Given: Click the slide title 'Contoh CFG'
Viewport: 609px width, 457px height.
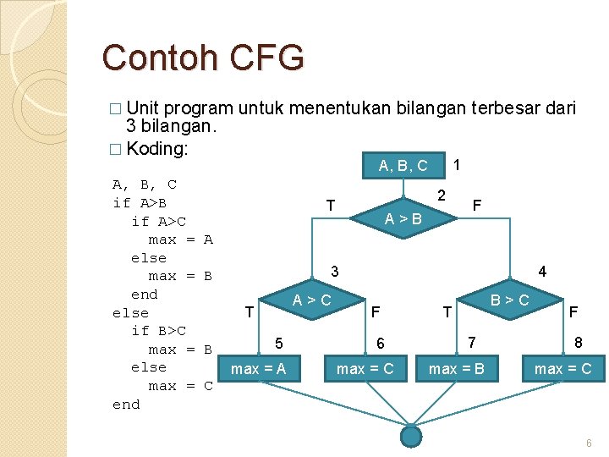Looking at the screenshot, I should (203, 58).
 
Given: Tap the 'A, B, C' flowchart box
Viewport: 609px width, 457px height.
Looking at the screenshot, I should (403, 165).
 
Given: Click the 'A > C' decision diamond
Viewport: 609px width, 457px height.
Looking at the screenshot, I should (312, 300).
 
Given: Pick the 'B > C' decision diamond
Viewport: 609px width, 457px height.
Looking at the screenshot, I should (510, 300).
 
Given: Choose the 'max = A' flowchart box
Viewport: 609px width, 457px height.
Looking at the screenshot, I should (258, 368).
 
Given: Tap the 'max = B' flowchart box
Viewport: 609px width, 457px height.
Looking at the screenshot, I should (457, 368).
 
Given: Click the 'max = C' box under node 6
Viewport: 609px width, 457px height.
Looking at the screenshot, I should (365, 368).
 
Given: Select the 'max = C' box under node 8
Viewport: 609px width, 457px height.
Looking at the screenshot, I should (562, 368).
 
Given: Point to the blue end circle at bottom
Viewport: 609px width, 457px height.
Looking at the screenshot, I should (410, 436).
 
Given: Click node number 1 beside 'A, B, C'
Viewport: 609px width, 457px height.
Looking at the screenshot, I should (458, 163).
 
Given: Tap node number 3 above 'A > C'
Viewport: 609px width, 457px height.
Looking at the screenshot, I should (335, 272).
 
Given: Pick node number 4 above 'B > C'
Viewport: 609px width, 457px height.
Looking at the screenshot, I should (542, 272).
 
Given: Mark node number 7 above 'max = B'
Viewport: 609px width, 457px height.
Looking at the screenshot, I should (473, 341).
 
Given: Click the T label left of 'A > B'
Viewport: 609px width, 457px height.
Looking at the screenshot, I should (332, 206).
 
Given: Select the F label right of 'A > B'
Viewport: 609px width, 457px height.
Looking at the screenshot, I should (477, 206).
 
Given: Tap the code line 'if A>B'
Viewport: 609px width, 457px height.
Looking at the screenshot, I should (140, 202).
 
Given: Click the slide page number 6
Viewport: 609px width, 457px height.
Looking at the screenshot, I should (589, 443).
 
